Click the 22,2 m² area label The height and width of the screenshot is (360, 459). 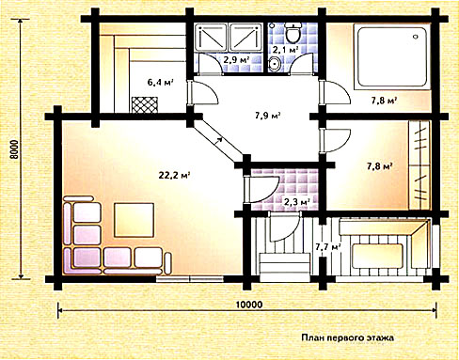click(175, 175)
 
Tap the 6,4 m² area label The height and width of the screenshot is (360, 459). click(161, 83)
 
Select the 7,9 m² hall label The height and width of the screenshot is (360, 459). click(267, 116)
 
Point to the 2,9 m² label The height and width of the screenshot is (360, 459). click(236, 59)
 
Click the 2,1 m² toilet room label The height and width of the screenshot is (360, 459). click(285, 49)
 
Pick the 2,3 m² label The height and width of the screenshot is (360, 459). click(296, 201)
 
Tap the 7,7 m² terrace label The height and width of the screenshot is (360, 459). click(328, 247)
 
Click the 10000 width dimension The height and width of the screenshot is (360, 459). click(249, 305)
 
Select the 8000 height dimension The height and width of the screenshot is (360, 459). click(14, 149)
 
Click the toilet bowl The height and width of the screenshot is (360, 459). click(293, 32)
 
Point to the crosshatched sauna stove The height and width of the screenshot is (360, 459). click(145, 104)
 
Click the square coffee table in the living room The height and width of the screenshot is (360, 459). click(135, 220)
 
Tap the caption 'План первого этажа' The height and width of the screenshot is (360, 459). click(348, 337)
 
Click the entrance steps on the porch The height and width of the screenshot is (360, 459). click(285, 268)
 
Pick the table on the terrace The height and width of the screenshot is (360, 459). click(377, 256)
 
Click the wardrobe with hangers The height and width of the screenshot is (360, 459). click(419, 165)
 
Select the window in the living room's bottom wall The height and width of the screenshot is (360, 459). click(190, 278)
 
